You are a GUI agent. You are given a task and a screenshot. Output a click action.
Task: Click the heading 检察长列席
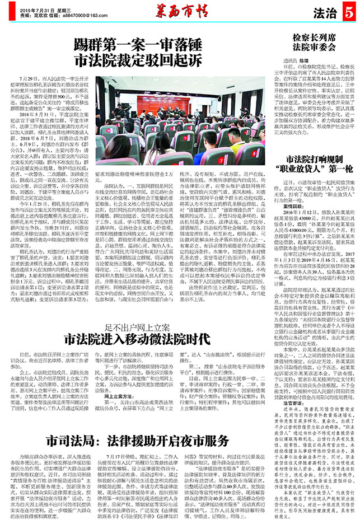(x=314, y=36)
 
